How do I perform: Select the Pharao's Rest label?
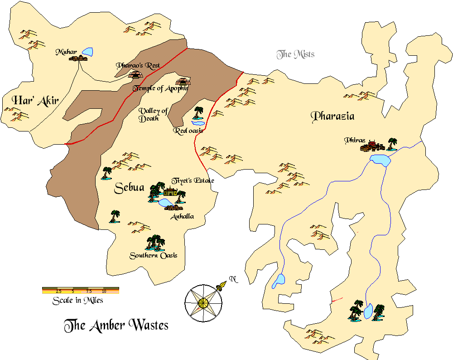(x=138, y=65)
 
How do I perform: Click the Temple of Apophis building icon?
(x=183, y=82)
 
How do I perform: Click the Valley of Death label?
(x=153, y=115)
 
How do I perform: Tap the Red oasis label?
(x=188, y=131)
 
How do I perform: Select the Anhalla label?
(x=182, y=216)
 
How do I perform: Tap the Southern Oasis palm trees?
(x=155, y=243)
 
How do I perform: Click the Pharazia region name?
(x=333, y=117)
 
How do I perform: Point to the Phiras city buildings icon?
(x=372, y=146)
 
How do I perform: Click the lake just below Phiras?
(x=380, y=160)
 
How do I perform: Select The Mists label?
(x=295, y=55)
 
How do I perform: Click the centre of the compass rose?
(x=203, y=302)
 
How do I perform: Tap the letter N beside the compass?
(x=233, y=279)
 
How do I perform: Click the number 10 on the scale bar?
(x=104, y=291)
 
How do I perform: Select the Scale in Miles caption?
(x=77, y=300)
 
